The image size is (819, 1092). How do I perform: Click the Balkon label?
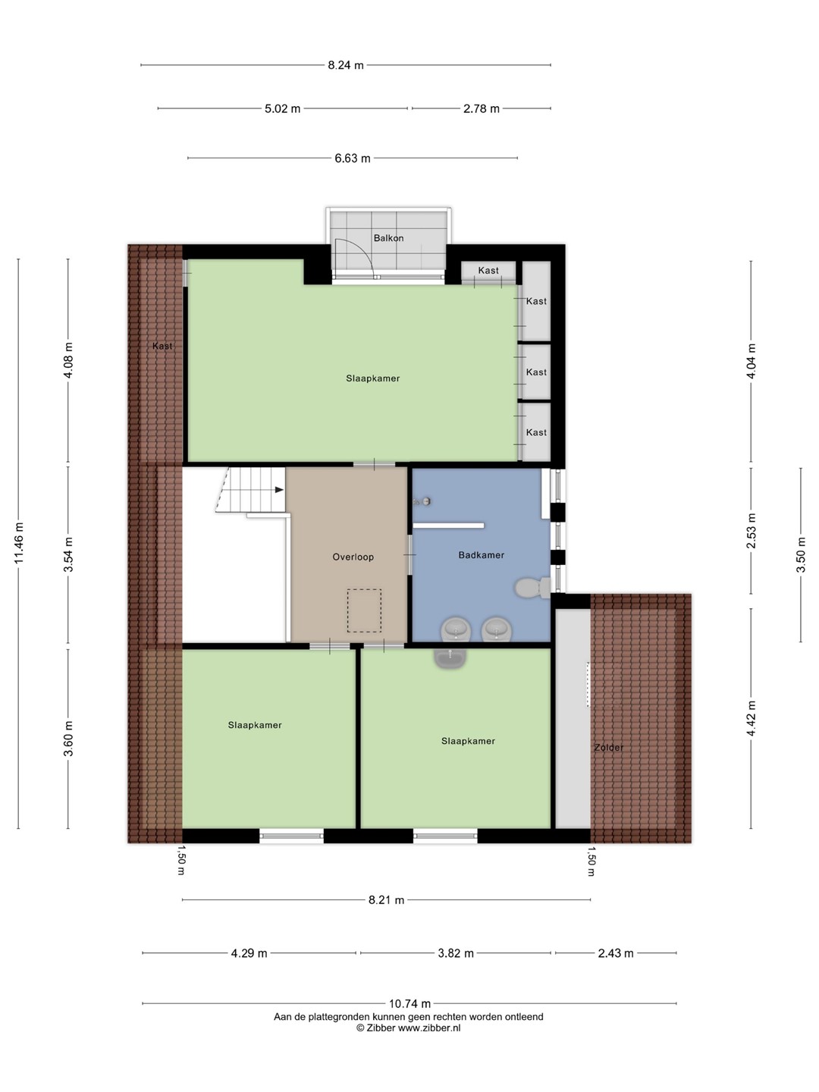[388, 238]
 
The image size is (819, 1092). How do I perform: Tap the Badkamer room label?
[481, 554]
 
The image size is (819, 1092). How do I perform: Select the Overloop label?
[353, 557]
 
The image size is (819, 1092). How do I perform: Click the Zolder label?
[609, 747]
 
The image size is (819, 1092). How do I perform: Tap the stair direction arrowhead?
[280, 490]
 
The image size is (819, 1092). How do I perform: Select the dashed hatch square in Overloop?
[364, 610]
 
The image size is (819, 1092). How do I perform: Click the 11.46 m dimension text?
[19, 543]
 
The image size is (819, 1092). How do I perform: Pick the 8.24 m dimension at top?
[346, 65]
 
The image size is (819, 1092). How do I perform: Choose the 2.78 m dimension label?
[482, 108]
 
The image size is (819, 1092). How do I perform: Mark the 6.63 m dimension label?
[352, 158]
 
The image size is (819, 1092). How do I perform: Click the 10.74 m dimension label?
[409, 1003]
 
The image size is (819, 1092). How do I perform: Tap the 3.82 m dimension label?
[456, 953]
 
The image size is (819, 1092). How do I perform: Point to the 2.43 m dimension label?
[616, 953]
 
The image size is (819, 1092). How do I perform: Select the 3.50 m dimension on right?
[801, 554]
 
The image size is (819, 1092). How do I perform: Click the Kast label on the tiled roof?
[162, 346]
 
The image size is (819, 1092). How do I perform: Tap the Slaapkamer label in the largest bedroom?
[373, 378]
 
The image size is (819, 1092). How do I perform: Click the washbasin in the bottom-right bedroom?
[450, 657]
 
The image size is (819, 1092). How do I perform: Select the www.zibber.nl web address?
[429, 1028]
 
